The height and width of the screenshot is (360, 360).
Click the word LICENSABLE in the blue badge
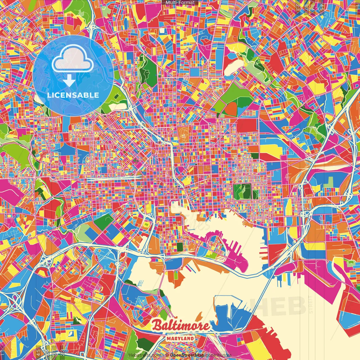tap(73, 95)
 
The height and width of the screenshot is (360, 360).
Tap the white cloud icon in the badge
tap(73, 58)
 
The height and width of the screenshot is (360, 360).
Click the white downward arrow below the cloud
tap(69, 81)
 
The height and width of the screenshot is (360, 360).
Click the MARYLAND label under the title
tap(180, 338)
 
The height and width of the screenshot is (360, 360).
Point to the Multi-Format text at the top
tap(180, 3)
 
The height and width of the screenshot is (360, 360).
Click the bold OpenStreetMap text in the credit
tap(187, 355)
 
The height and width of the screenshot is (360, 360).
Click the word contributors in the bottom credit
tap(218, 355)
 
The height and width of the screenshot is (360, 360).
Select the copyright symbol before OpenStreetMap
tap(167, 355)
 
